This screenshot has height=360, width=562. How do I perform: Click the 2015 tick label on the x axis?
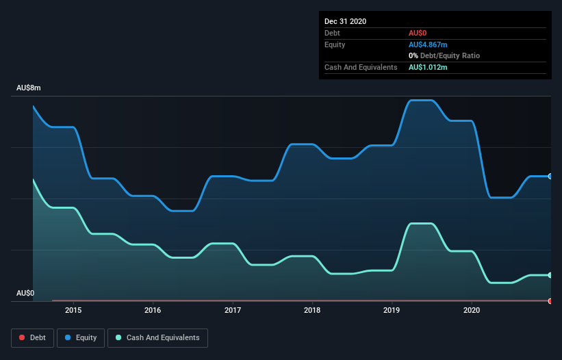[x=73, y=309]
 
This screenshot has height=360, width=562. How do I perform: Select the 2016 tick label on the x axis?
[x=153, y=309]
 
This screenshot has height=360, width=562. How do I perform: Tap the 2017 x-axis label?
[x=233, y=309]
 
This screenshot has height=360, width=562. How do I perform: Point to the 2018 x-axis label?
[x=312, y=309]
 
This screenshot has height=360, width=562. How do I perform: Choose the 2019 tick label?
[x=392, y=309]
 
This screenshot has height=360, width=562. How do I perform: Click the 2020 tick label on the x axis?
[x=472, y=309]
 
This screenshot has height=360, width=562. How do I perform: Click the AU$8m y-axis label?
[x=29, y=88]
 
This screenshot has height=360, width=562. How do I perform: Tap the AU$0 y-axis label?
[x=25, y=293]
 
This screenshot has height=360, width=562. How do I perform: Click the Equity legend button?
[x=81, y=337]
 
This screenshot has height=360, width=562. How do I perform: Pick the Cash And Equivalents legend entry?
[x=157, y=337]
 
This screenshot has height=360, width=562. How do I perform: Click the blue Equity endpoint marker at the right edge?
[x=550, y=176]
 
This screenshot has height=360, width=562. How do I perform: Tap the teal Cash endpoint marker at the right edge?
[x=550, y=275]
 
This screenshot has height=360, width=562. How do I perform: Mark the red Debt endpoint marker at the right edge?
[x=550, y=300]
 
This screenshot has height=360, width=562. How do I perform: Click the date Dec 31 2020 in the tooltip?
[x=346, y=21]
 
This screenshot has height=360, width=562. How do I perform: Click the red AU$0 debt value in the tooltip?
[x=418, y=33]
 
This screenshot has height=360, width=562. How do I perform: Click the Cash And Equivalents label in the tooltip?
[x=361, y=67]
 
